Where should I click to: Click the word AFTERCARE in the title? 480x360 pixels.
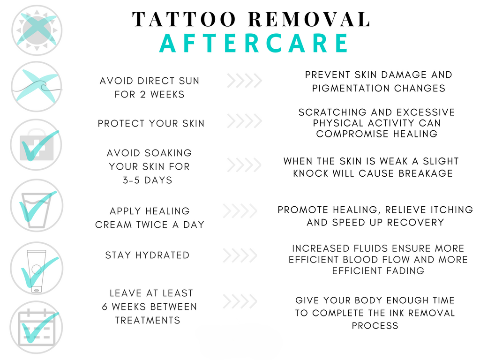(254, 43)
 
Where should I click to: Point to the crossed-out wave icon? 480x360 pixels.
(37, 87)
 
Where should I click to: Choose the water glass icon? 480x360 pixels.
(37, 205)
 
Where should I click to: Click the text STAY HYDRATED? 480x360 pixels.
(147, 255)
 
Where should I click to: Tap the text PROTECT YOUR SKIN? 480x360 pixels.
(151, 124)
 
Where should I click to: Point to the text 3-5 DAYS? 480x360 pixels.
(148, 180)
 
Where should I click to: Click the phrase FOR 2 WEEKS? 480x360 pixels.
(150, 94)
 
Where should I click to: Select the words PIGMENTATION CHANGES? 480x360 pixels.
(379, 88)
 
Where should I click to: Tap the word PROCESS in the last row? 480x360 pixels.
(375, 326)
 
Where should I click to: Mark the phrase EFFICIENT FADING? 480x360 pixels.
(378, 271)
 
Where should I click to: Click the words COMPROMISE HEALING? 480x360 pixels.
(377, 134)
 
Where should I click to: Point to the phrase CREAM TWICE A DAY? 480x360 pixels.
(150, 225)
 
